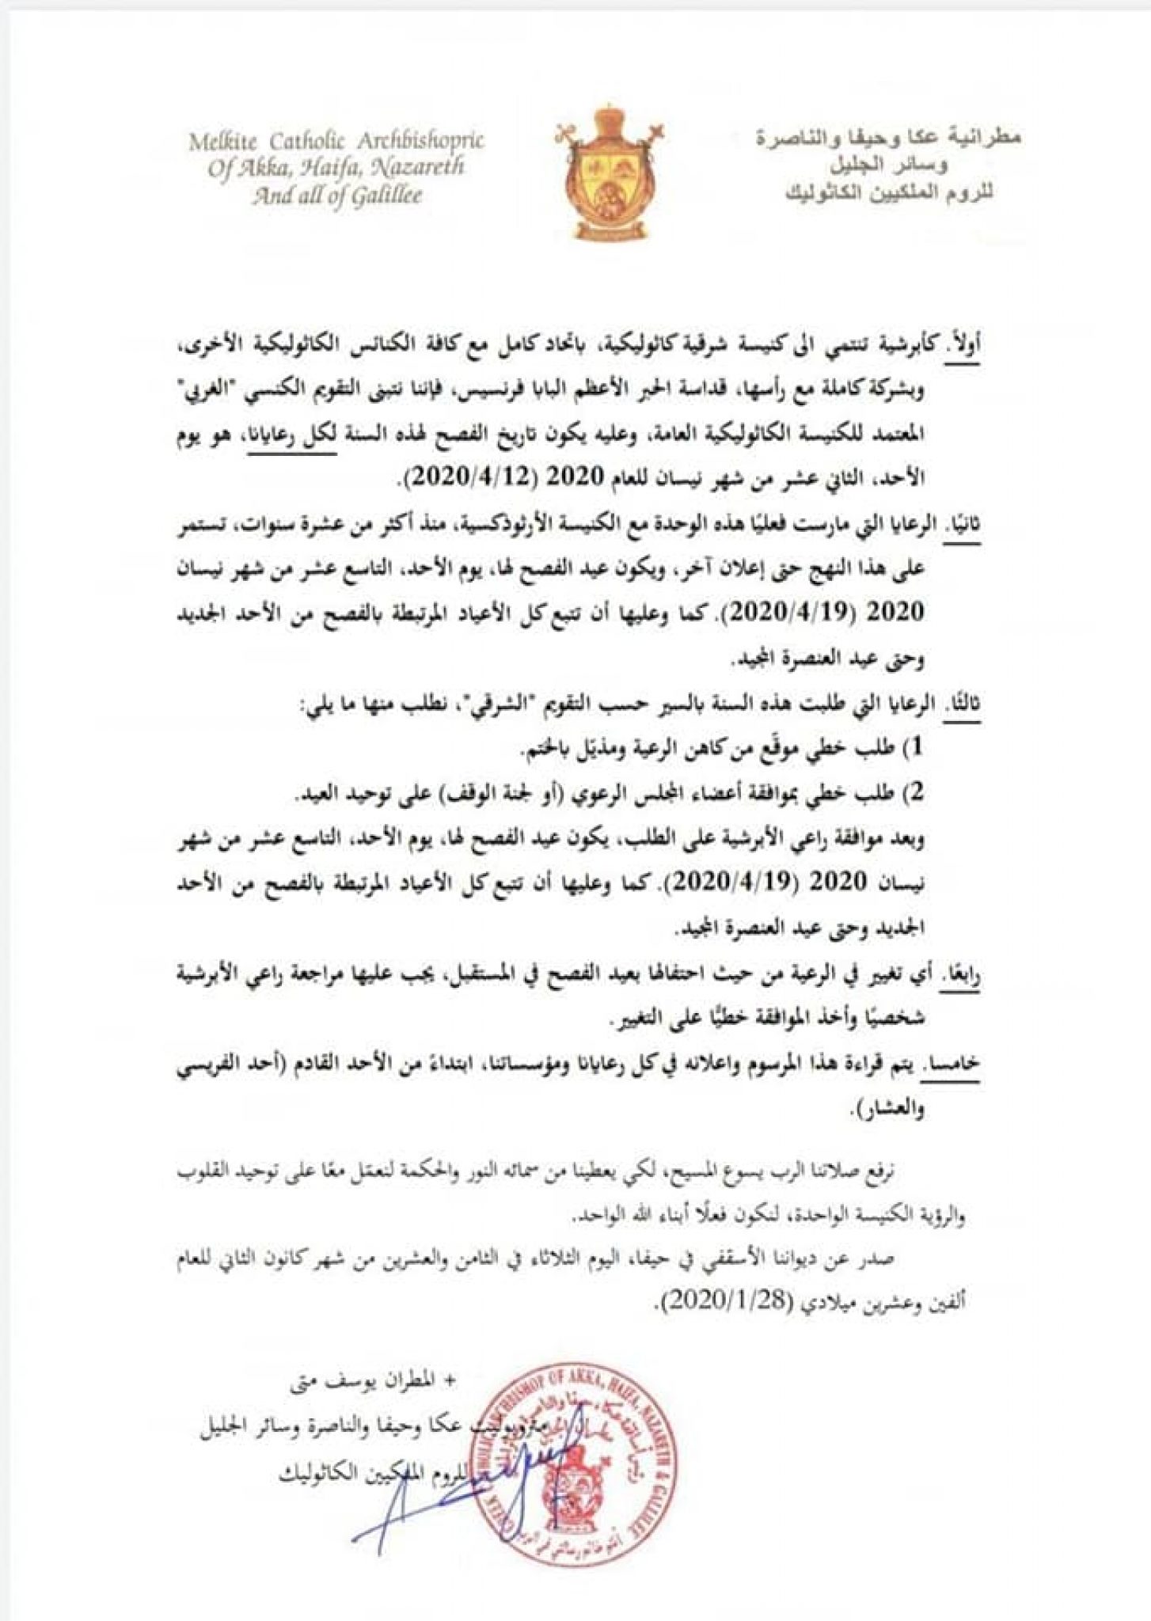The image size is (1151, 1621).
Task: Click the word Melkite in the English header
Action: point(225,142)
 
